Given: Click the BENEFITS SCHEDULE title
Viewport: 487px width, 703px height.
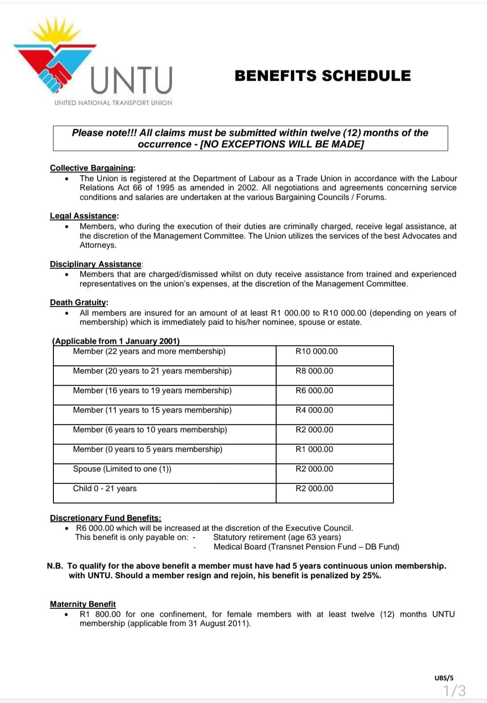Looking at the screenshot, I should coord(322,76).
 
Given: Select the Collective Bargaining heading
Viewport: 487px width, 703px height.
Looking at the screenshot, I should coord(92,168).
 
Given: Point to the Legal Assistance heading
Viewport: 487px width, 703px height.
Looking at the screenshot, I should coord(84,216).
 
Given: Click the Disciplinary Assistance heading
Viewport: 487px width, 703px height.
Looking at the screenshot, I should coord(96,264).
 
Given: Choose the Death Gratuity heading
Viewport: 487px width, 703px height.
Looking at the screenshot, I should coord(79,302).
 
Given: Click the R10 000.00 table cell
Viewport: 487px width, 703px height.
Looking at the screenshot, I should coord(317,351).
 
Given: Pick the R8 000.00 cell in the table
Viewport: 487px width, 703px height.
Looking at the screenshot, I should coord(314,371).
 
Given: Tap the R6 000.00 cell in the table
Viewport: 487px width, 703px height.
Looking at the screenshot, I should coord(314,391).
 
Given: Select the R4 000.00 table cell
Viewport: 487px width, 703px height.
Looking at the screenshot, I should coord(314,410).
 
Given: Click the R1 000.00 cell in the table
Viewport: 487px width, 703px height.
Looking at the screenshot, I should coord(314,450).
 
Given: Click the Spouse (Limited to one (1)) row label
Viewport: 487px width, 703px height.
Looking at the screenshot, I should coord(122,469).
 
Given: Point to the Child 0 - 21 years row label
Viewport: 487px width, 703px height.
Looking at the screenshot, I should coord(105,489).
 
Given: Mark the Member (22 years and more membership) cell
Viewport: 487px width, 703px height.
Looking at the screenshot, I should coord(149,351).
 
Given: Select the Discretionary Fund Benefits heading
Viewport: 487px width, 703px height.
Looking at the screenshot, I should coord(105,518).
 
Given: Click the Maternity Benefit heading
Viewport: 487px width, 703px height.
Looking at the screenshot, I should coord(83,604).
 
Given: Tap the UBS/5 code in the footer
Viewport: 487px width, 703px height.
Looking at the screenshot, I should coord(444,678).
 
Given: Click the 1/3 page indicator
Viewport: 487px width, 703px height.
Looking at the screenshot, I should coord(455,691).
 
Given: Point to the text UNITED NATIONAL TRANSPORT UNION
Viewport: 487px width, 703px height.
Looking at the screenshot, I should coord(113,103).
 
